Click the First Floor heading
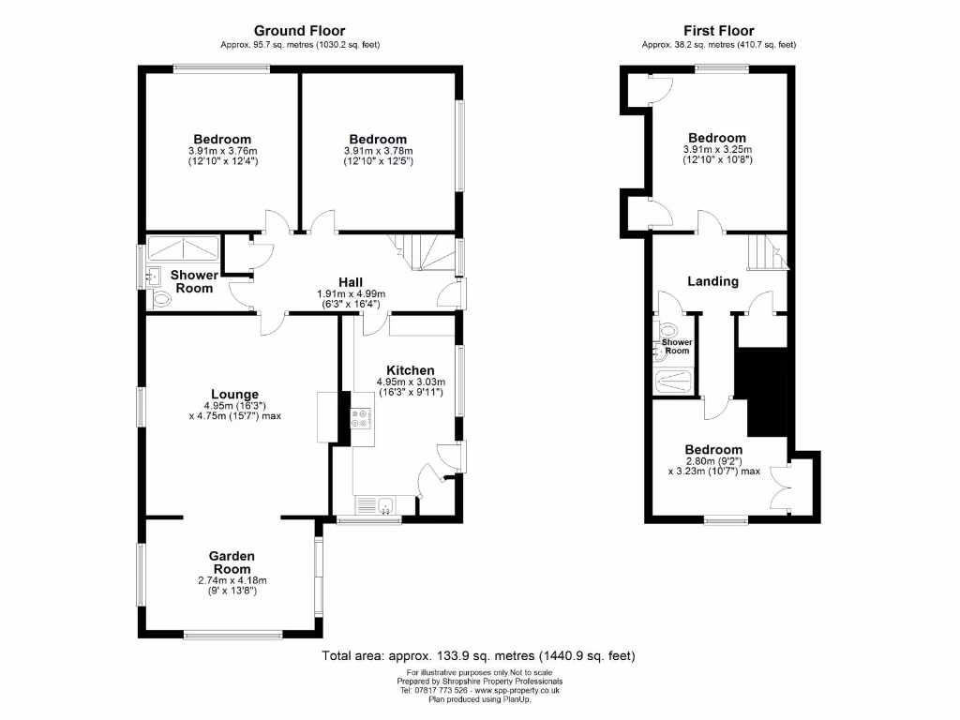click(x=718, y=31)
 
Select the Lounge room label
click(x=234, y=394)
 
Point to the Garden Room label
click(x=232, y=562)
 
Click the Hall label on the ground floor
click(x=351, y=282)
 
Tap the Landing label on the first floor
click(x=712, y=281)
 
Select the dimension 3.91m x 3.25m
click(x=717, y=149)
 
